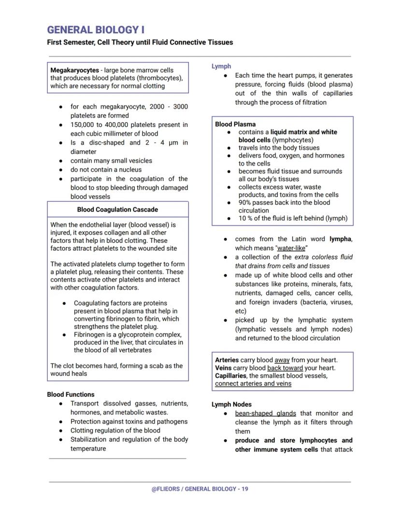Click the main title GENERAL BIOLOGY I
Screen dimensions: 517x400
(96, 30)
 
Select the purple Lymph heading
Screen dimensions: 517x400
(221, 66)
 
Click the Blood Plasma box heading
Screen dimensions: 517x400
(235, 124)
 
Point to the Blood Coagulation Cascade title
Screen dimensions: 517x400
(117, 210)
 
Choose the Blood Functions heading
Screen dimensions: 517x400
(71, 394)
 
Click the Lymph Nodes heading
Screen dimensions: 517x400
(231, 405)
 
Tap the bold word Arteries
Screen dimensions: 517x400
(227, 360)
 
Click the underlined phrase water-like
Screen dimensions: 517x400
(291, 248)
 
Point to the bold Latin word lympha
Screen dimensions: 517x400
(340, 239)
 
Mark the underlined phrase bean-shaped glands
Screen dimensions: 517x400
(265, 413)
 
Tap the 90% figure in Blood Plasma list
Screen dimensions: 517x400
(246, 203)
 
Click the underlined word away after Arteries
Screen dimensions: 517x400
(282, 360)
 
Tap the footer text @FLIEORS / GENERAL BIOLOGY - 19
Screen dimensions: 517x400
(200, 489)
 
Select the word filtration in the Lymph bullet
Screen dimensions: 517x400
(310, 102)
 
